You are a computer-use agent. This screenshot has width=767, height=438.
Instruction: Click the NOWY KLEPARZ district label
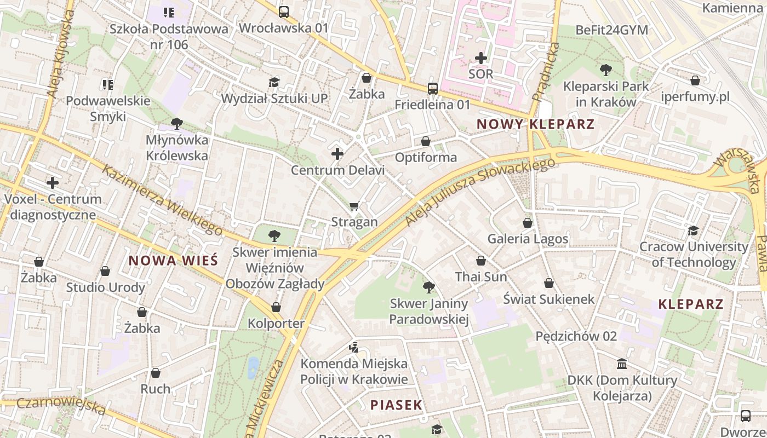pos(535,124)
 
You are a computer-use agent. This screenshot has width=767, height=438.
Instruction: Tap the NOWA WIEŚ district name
pos(173,261)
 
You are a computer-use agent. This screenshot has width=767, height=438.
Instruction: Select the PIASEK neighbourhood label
pos(396,405)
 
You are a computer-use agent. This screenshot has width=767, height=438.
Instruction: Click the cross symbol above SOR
pos(481,57)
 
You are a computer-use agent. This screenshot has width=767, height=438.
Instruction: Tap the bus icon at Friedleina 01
pos(433,88)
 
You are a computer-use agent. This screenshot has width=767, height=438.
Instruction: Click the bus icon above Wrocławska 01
pos(284,11)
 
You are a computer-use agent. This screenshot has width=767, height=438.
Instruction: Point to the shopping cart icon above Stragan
pos(354,206)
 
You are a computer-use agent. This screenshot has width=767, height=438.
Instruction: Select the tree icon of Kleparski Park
pos(606,70)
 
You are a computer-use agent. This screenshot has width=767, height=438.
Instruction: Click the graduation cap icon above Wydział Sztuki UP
pos(274,82)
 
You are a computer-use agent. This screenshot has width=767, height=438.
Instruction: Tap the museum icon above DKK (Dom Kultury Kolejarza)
pos(622,364)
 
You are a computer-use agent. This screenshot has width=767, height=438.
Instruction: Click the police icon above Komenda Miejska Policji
pos(354,347)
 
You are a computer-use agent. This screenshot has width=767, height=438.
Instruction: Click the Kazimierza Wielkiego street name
pos(162,200)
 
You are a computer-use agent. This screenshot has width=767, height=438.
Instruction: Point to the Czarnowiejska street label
pos(60,406)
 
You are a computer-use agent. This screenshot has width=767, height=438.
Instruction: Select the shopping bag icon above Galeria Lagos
pos(528,223)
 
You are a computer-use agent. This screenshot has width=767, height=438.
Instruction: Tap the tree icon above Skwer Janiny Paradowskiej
pos(429,287)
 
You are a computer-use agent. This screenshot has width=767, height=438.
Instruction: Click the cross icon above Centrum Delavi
pos(337,154)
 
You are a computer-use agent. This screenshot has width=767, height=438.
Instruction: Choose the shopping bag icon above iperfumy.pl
pos(695,81)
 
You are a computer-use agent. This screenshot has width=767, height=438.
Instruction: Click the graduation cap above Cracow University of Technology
pos(694,230)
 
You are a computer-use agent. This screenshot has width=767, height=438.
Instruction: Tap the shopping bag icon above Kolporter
pos(276,307)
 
